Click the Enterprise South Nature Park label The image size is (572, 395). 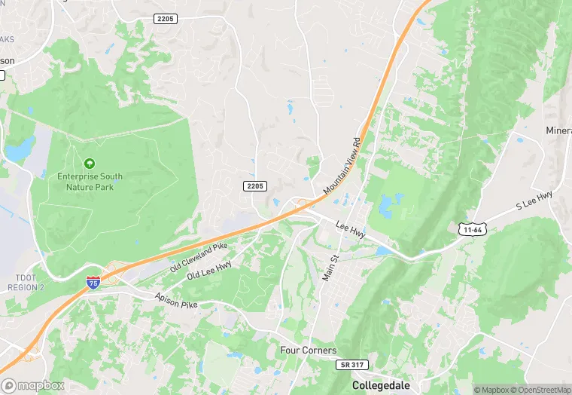(x=90, y=182)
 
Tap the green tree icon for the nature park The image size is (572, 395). (x=90, y=163)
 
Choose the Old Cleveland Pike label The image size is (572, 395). (x=199, y=257)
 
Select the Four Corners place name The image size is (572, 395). (x=308, y=351)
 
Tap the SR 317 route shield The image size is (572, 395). (x=351, y=364)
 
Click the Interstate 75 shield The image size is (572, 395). (x=93, y=283)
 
